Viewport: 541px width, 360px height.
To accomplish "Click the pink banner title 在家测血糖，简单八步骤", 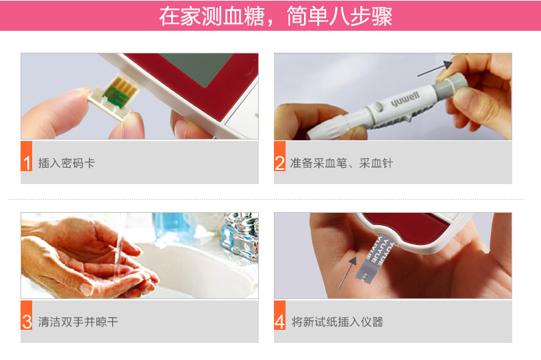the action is pos(276,16).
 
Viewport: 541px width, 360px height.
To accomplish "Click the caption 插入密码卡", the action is pos(66,163).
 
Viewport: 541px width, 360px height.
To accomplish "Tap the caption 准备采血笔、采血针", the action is pos(342,163).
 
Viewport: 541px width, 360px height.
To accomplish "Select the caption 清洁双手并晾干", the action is pos(78,322).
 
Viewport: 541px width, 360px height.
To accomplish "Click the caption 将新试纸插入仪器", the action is pos(337,322).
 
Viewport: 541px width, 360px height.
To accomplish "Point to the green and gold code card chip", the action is pos(120,91).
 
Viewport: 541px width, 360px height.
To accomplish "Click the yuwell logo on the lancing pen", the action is pos(405,99).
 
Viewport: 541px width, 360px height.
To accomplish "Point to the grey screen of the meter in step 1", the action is pos(197,70).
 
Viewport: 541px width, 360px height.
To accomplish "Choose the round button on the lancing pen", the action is pos(379,107).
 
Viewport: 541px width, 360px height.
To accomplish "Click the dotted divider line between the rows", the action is pos(266,199).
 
